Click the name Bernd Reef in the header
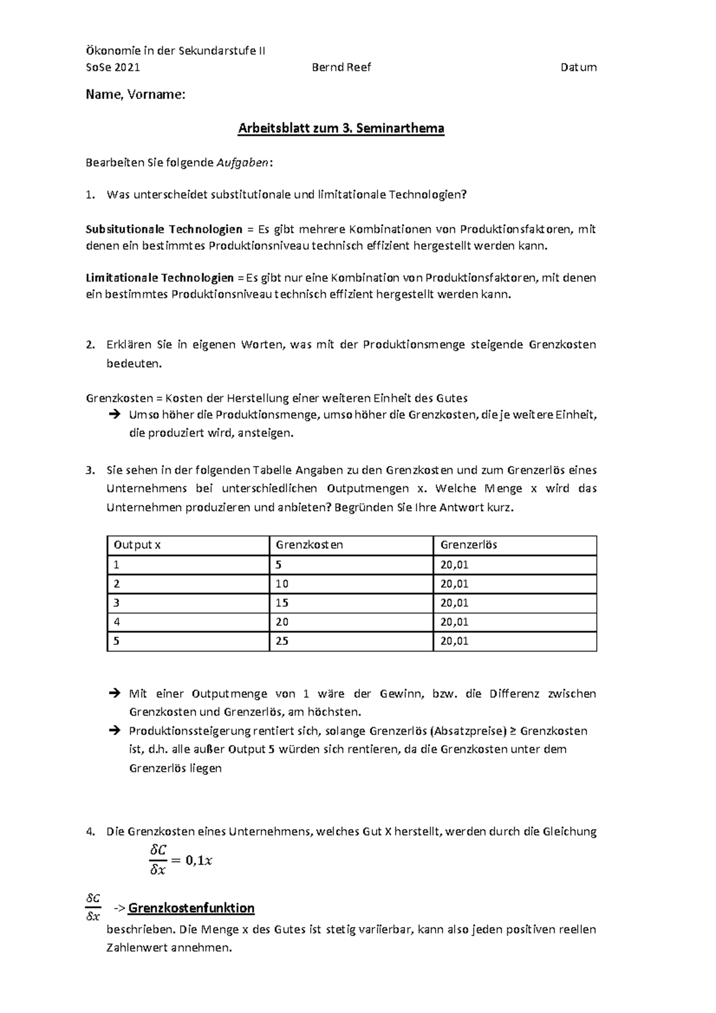point(341,67)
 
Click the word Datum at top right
point(578,67)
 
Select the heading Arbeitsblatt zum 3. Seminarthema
point(341,129)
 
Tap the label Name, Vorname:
point(135,95)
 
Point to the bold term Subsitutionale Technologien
point(164,229)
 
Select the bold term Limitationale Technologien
point(160,277)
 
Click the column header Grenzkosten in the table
point(309,545)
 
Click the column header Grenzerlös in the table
point(468,545)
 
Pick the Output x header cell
point(137,545)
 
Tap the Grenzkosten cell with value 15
point(282,603)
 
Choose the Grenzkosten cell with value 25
point(282,641)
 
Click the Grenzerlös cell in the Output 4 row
point(454,622)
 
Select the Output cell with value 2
point(117,583)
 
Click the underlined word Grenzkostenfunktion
point(191,909)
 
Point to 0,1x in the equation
point(199,860)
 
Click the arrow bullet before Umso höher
point(115,415)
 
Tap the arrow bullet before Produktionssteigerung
point(115,731)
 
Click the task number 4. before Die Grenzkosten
point(91,832)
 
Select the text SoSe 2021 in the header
point(113,67)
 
